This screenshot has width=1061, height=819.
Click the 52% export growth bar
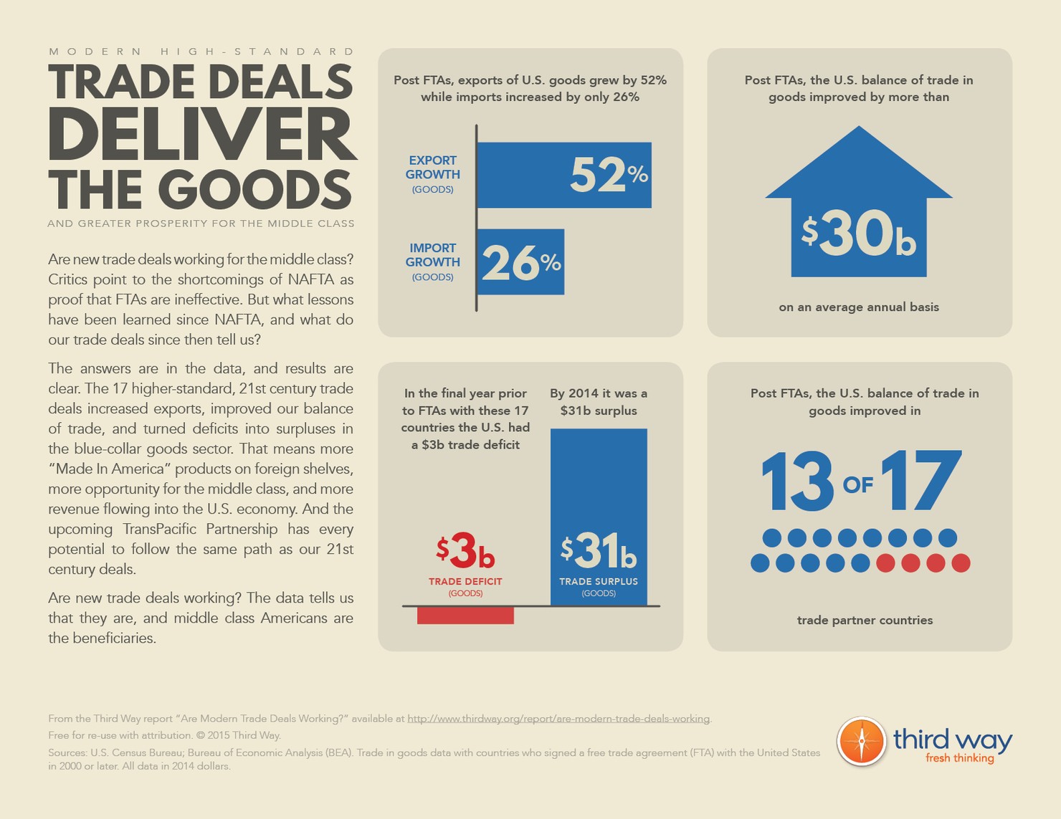pos(563,175)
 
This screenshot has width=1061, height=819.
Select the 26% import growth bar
pos(520,262)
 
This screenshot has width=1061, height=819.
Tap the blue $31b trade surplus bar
pos(599,516)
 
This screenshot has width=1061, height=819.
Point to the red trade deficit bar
pos(465,616)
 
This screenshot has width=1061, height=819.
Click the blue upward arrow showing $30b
pos(859,208)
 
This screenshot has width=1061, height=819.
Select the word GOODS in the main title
pos(254,190)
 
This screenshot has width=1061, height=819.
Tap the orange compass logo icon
pos(862,741)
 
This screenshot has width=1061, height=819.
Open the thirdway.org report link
pos(558,719)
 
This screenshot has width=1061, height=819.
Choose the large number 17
pos(920,481)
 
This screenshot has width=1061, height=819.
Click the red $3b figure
pos(465,551)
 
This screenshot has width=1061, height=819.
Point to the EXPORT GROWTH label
pos(432,168)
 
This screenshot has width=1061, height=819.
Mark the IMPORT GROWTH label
pos(432,255)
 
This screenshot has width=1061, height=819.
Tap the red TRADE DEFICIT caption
pos(465,582)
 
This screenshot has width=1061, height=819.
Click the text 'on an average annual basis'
pos(859,307)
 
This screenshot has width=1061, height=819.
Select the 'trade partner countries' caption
pos(865,621)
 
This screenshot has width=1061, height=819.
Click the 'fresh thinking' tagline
pos(959,758)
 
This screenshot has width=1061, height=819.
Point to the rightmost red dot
pos(961,563)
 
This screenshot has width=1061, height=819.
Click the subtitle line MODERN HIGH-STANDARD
pos(202,52)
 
